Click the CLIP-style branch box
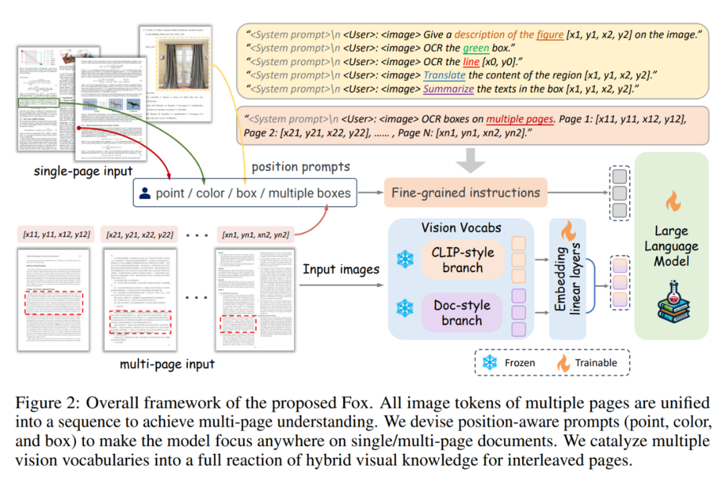pyautogui.click(x=463, y=260)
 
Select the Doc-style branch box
pyautogui.click(x=463, y=312)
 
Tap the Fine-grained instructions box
pyautogui.click(x=466, y=193)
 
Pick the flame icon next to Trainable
pyautogui.click(x=563, y=363)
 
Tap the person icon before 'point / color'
pyautogui.click(x=144, y=193)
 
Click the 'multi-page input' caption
pyautogui.click(x=167, y=364)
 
